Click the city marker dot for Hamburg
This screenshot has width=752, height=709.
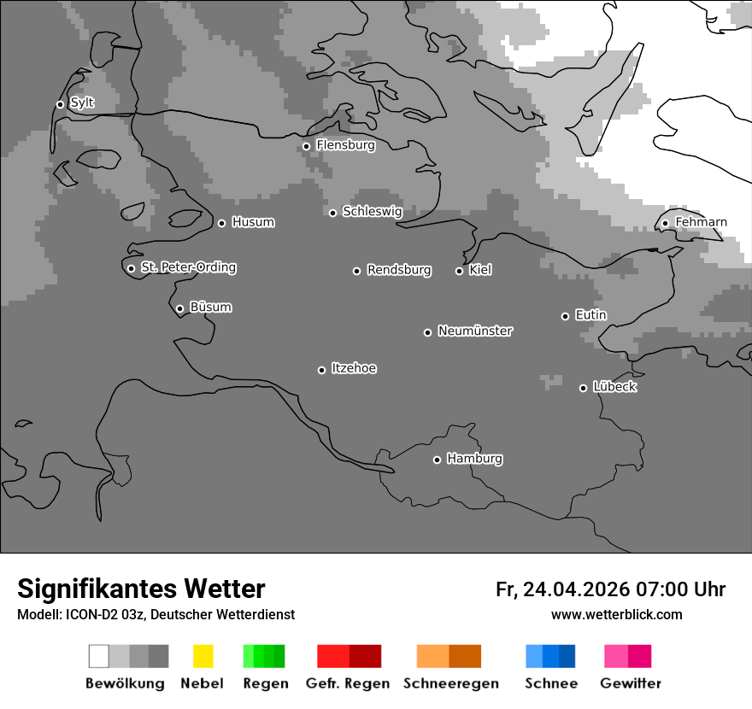[x=437, y=460]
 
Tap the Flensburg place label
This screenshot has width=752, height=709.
[x=345, y=145]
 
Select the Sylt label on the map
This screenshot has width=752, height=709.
[x=82, y=103]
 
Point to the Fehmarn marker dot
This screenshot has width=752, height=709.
[x=665, y=224]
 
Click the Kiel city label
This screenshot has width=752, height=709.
[x=480, y=270]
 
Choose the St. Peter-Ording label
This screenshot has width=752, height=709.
[x=188, y=267]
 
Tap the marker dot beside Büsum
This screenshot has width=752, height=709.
[x=179, y=308]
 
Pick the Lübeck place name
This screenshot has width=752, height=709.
[x=614, y=387]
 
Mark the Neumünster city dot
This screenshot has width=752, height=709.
[x=427, y=332]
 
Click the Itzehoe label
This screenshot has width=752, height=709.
[x=354, y=368]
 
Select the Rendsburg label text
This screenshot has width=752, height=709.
[x=399, y=270]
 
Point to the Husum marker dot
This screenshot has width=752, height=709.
[x=221, y=223]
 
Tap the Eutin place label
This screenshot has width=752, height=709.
[x=590, y=315]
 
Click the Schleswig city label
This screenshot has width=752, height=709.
[x=372, y=211]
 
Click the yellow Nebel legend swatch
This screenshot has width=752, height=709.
[x=203, y=656]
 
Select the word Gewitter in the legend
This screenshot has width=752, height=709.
[x=631, y=683]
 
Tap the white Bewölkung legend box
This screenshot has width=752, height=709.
[x=99, y=656]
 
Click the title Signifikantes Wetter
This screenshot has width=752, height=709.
[x=141, y=589]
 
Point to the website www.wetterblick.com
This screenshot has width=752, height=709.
[x=616, y=614]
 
